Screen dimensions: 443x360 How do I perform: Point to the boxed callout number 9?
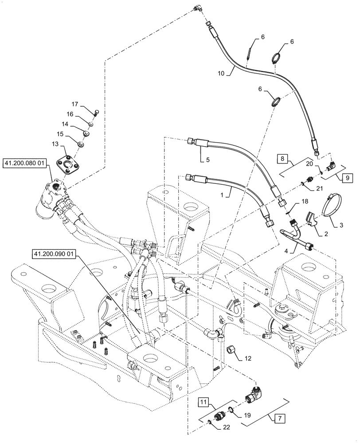tap(347, 178)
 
